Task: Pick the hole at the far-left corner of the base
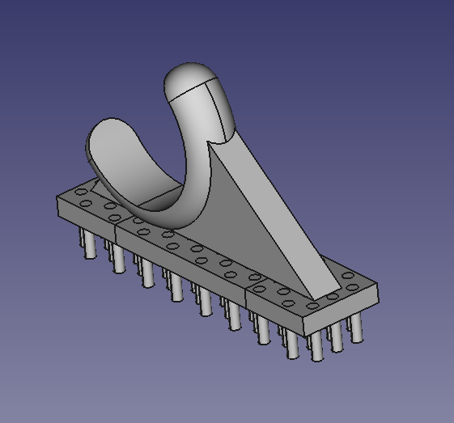pyautogui.click(x=83, y=192)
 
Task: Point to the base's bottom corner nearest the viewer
pyautogui.click(x=303, y=333)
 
